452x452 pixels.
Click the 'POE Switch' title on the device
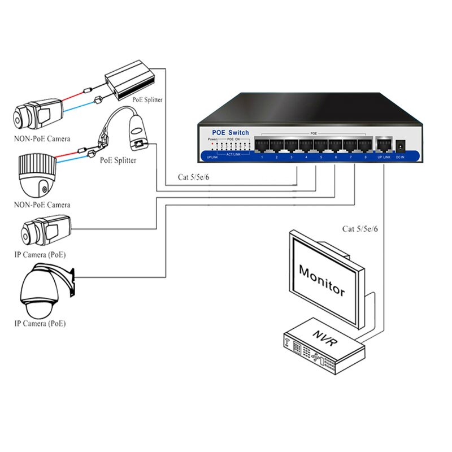coord(230,132)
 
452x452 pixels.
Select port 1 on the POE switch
coord(262,145)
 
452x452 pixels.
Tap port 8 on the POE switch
coord(365,145)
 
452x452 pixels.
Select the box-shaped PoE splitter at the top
coord(128,80)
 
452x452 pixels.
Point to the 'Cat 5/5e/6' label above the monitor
coord(360,229)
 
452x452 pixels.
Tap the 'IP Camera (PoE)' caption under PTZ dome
coord(40,324)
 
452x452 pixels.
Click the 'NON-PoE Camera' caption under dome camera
coord(42,205)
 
